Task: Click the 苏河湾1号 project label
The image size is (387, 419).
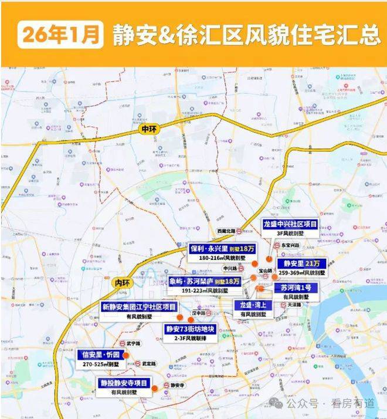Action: point(296,287)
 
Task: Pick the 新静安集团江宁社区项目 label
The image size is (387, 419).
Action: point(139,306)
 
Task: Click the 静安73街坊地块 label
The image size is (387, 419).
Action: point(191,329)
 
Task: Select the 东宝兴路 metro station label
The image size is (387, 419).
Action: point(290,245)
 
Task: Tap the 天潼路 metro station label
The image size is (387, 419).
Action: point(294,305)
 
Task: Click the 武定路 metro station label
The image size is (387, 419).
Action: point(148,364)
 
